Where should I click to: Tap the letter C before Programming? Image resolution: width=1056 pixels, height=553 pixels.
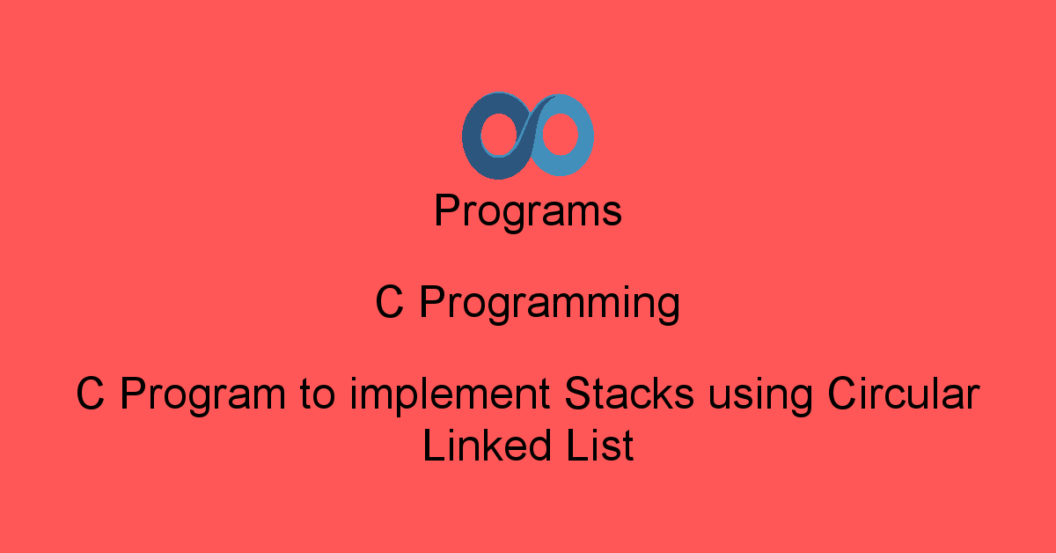tap(390, 303)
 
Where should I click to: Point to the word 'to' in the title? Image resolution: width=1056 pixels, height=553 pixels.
tap(313, 394)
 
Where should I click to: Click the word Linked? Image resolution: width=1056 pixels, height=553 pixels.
tap(482, 446)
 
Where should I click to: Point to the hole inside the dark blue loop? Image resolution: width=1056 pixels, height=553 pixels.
tap(494, 137)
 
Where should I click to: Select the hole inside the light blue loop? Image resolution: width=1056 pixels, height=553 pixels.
tap(561, 136)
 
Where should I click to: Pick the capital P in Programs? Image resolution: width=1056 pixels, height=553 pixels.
tap(446, 211)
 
